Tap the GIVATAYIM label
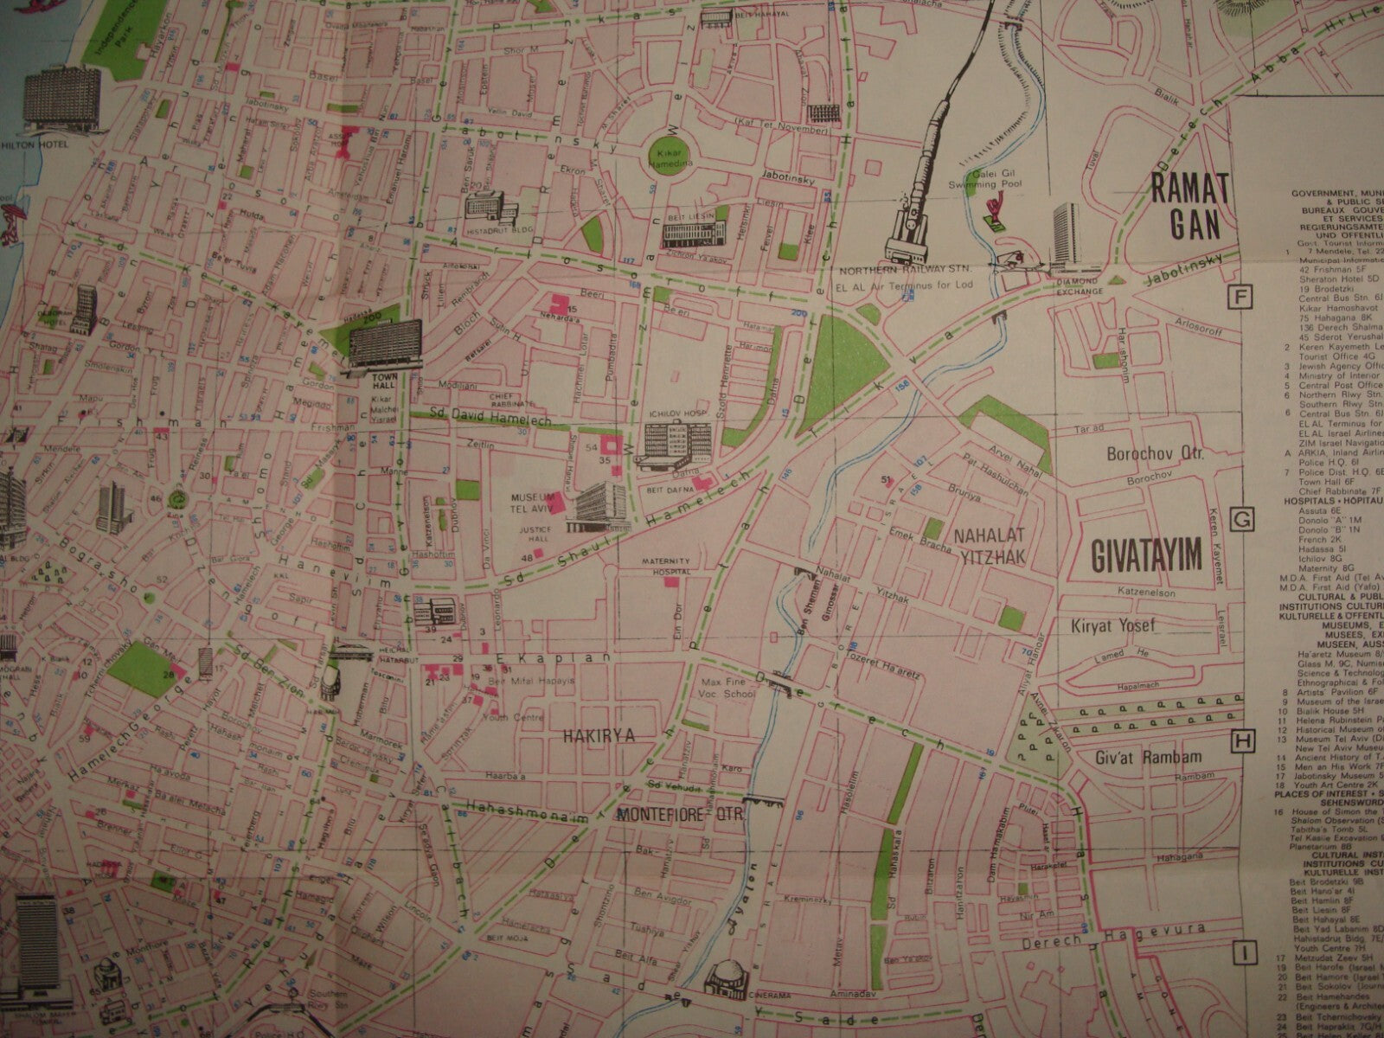pos(1141,556)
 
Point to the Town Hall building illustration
pos(381,347)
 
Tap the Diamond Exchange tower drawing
pos(1065,236)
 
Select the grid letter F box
pos(1242,298)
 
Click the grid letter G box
pos(1242,520)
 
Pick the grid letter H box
pos(1242,740)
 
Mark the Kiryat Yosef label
pos(1124,625)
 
